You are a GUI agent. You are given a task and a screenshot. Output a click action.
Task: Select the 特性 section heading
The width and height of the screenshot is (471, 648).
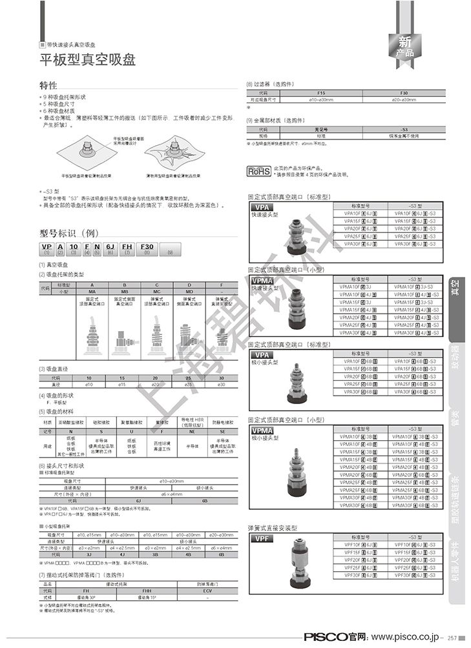pos(48,85)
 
